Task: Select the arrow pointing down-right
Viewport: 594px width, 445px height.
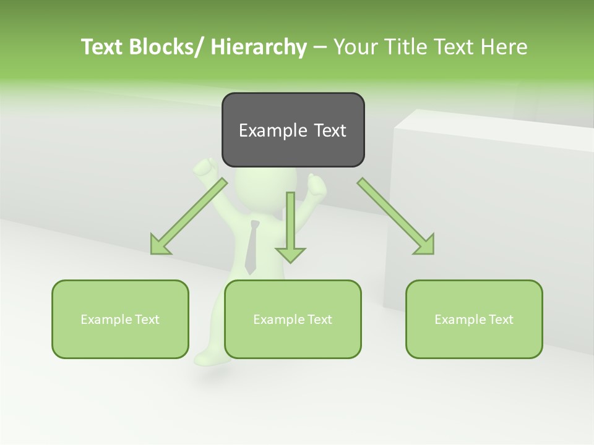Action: [396, 216]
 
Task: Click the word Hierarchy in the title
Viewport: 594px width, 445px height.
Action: [259, 47]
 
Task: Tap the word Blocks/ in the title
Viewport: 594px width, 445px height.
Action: [166, 47]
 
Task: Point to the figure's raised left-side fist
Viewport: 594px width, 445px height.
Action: [206, 167]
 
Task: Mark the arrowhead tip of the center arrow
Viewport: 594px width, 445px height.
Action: [290, 262]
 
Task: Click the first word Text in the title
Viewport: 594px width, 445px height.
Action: [101, 47]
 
